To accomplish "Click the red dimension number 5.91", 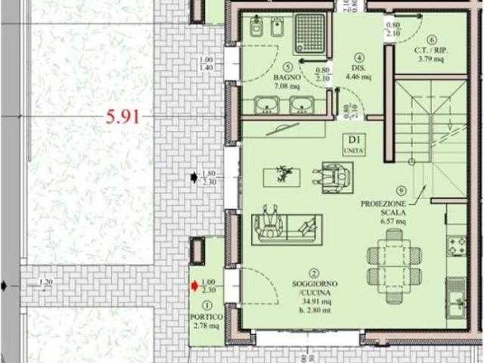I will (123, 117).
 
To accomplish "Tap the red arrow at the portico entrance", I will (194, 285).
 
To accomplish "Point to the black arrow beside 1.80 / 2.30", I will (194, 177).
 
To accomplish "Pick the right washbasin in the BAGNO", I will (302, 105).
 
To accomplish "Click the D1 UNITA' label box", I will (352, 143).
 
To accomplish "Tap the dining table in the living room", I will (394, 256).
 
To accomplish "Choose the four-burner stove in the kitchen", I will (457, 245).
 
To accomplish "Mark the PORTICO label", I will (206, 315).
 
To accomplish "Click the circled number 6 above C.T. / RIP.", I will (431, 40).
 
